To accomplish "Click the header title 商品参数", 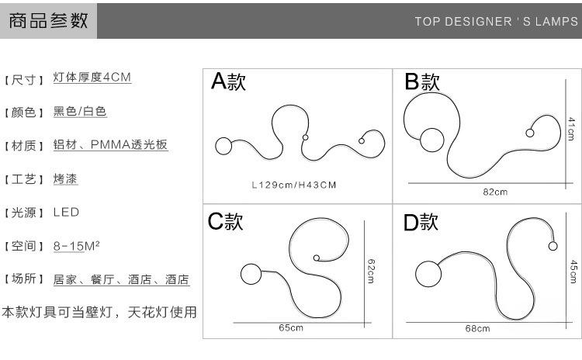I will click(48, 21).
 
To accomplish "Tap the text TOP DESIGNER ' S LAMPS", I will click(496, 22).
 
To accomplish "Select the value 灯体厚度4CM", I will click(92, 78).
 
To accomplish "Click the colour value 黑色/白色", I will click(80, 112).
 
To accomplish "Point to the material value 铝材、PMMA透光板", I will click(110, 145).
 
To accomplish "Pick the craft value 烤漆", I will click(66, 178).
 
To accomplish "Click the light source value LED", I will click(66, 212).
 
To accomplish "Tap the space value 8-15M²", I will click(76, 246).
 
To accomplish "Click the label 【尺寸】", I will click(25, 79).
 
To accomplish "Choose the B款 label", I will click(422, 81).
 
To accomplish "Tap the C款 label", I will click(225, 222).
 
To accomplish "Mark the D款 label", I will click(421, 222).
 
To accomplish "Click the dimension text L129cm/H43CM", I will click(293, 185).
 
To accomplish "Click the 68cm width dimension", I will click(477, 329).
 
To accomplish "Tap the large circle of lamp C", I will click(251, 274).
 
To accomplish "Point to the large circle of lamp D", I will click(427, 272).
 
